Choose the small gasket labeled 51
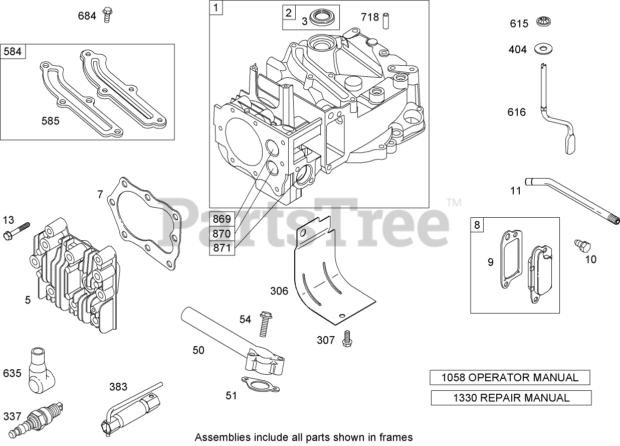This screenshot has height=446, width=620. point(257,385)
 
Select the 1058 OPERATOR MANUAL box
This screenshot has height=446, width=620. point(510,378)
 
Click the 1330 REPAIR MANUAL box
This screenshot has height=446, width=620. point(511,398)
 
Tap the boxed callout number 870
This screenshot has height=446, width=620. point(222,233)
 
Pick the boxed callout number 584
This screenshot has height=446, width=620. point(14,52)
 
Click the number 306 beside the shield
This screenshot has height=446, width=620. point(280,291)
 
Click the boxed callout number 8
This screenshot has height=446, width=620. point(477,225)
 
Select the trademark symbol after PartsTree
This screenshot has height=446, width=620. point(453,203)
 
